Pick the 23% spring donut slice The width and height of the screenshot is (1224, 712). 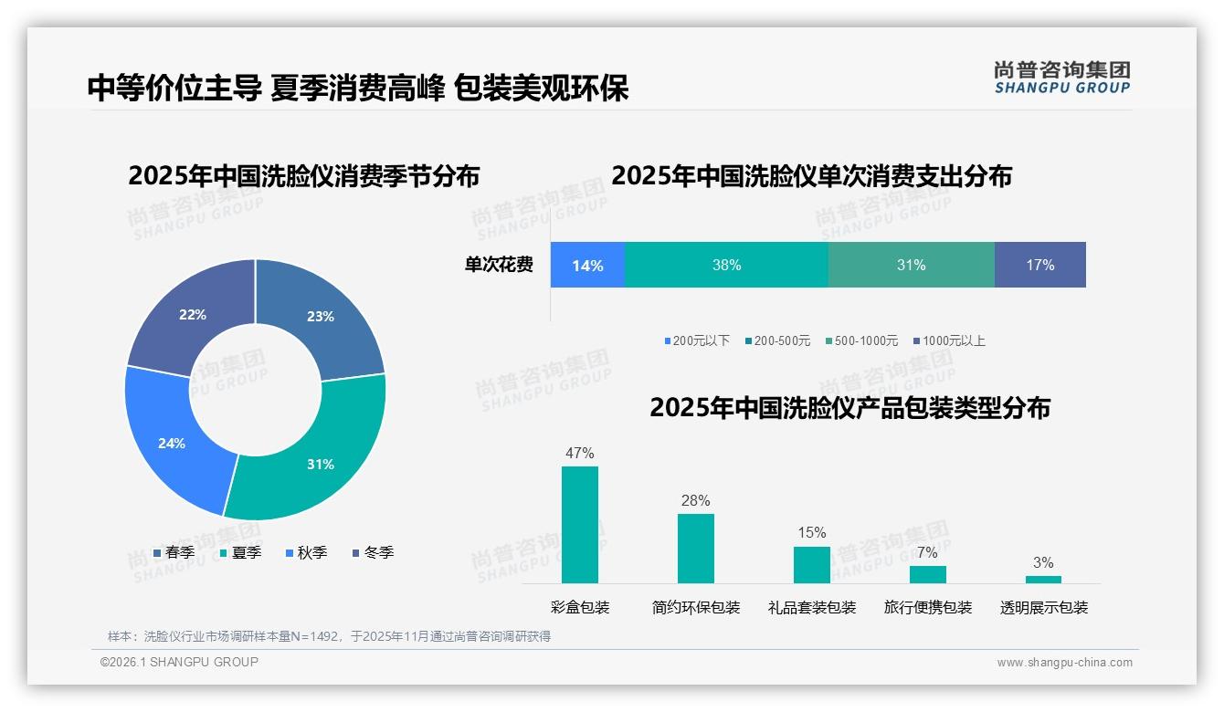320,315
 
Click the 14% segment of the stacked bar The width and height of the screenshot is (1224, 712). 587,265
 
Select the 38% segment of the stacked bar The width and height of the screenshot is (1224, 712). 726,265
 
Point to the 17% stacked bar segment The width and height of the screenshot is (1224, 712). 1039,265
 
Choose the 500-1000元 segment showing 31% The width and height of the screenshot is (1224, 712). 911,265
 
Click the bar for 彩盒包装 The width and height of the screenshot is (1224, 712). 580,525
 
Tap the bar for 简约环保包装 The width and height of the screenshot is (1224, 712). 696,549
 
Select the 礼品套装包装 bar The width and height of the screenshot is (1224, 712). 812,565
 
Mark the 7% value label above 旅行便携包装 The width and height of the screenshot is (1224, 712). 927,552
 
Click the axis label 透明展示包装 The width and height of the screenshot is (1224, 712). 1044,607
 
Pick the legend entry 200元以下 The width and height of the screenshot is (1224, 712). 698,340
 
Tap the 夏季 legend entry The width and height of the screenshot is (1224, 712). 242,552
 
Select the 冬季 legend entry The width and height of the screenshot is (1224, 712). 374,552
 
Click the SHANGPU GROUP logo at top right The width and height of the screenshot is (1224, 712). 1061,77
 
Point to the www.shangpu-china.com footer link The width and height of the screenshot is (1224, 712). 1064,662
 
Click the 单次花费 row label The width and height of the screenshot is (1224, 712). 499,265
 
